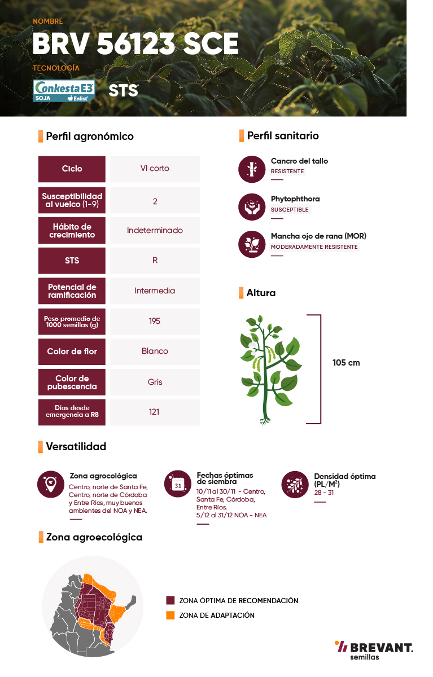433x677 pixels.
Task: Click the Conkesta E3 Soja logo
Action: [x=64, y=91]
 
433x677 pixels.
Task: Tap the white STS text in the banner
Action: [x=124, y=90]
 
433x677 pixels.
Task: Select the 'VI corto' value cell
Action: [x=155, y=169]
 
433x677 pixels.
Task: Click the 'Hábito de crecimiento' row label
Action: [x=72, y=231]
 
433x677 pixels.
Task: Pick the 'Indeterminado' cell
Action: [x=155, y=231]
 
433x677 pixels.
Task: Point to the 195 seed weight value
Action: [x=155, y=321]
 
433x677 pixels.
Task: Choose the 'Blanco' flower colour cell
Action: [x=155, y=351]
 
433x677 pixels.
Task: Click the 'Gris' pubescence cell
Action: [x=155, y=382]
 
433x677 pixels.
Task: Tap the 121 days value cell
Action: [x=155, y=412]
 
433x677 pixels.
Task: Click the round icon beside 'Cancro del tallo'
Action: [x=252, y=169]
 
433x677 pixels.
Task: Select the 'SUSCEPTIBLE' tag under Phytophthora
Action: [x=290, y=209]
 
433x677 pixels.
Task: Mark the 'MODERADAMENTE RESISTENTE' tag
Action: [x=314, y=247]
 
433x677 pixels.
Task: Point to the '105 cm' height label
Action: [x=346, y=363]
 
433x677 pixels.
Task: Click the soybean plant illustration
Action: [x=270, y=370]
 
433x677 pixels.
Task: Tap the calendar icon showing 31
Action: [x=178, y=484]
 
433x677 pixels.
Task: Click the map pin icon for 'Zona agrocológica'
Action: [x=51, y=484]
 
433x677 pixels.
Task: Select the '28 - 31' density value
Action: [x=324, y=493]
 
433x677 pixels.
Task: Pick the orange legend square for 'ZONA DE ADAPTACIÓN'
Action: [x=170, y=616]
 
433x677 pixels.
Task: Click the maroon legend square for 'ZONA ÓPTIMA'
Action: [x=170, y=600]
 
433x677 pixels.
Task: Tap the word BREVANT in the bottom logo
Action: [x=382, y=648]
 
